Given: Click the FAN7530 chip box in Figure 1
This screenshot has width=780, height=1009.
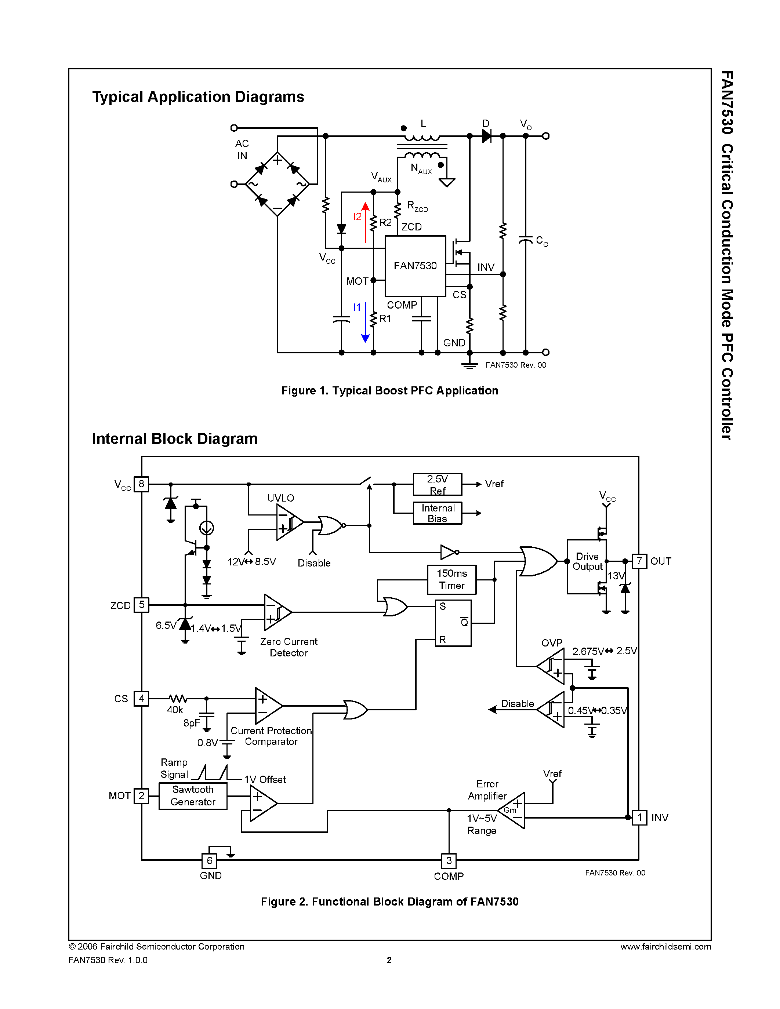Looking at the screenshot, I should [415, 266].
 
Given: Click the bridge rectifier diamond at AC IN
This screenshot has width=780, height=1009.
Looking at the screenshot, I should [277, 184].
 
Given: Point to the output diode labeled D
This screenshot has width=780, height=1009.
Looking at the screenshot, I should [486, 136].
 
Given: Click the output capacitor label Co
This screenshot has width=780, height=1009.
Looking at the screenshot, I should [541, 241].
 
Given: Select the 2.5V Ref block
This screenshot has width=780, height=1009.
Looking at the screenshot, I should [437, 484].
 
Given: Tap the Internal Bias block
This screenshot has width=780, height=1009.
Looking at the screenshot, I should [437, 513].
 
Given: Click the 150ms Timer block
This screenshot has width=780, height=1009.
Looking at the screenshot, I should [451, 579].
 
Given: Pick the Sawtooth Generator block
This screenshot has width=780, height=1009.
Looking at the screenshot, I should [193, 795].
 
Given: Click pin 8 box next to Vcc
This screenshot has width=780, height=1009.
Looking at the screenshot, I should [141, 484].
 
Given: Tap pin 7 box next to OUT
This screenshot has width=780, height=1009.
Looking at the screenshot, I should [639, 561].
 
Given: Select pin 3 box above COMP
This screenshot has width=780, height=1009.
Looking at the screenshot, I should [449, 861].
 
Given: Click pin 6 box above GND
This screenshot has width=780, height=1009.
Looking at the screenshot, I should [209, 861].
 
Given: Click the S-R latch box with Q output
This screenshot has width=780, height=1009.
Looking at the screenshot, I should [453, 623].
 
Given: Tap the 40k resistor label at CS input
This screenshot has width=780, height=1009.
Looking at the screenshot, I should [175, 710].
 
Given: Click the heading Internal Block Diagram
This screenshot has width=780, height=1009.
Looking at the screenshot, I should [175, 438].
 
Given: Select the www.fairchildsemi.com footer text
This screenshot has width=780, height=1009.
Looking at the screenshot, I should [665, 947].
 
